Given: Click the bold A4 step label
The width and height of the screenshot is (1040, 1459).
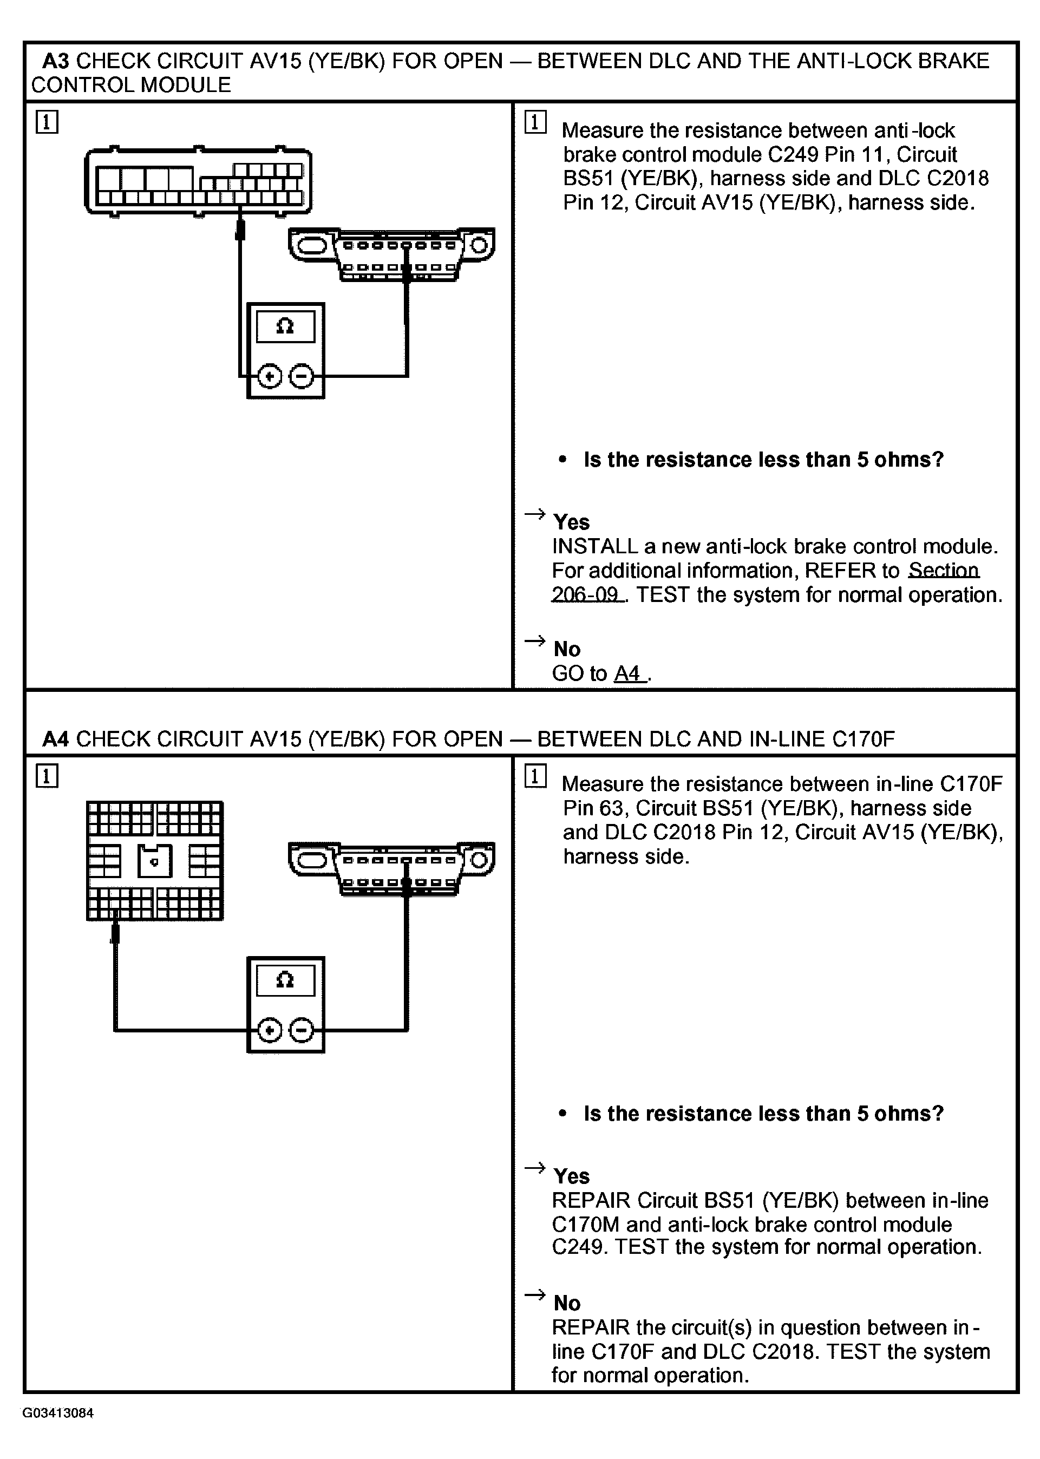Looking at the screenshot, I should [x=55, y=739].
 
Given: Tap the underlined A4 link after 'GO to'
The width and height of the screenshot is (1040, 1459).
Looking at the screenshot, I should [x=628, y=673].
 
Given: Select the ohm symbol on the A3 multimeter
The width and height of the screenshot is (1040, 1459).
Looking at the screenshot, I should [x=285, y=327].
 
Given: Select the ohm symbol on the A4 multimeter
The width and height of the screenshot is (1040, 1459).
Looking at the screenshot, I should [x=285, y=980].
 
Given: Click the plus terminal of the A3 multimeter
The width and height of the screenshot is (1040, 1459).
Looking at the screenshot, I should [x=270, y=376].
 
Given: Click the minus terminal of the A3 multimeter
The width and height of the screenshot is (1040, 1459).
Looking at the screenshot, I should [x=302, y=376].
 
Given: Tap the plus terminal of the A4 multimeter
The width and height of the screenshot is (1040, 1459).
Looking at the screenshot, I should [x=270, y=1030].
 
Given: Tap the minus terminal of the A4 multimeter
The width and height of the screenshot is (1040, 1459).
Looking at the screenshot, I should [x=302, y=1030].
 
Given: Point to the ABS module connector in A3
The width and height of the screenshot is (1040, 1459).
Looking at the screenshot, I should [x=198, y=182].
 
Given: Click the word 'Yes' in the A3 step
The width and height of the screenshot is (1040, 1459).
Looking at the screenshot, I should [x=571, y=522].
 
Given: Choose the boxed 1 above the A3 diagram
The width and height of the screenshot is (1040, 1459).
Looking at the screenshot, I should [x=47, y=122].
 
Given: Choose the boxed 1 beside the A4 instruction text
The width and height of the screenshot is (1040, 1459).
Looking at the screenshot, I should [x=535, y=776].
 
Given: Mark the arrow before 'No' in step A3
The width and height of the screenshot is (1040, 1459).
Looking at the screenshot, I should [x=534, y=641].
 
